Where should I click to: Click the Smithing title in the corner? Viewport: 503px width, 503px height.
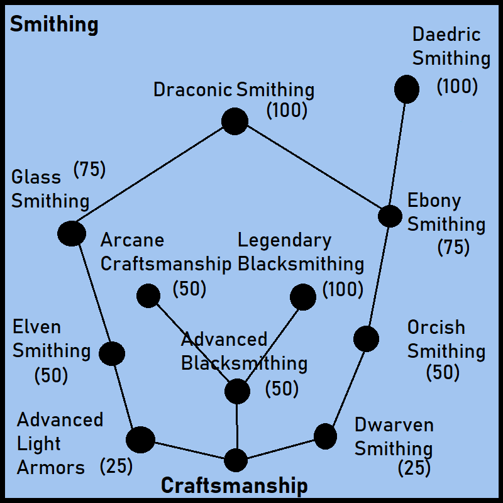pyautogui.click(x=54, y=25)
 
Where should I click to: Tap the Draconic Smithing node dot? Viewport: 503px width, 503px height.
pyautogui.click(x=235, y=121)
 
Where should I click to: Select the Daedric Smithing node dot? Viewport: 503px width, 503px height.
pyautogui.click(x=407, y=89)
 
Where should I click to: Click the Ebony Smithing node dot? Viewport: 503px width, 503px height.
pyautogui.click(x=390, y=216)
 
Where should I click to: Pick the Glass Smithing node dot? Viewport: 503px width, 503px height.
pyautogui.click(x=72, y=233)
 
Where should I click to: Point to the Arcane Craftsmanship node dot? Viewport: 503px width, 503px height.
pyautogui.click(x=148, y=296)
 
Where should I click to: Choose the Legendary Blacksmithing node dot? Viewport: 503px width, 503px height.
pyautogui.click(x=303, y=297)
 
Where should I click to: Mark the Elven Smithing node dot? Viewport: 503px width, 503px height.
pyautogui.click(x=112, y=353)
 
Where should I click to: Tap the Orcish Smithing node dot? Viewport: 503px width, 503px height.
pyautogui.click(x=366, y=339)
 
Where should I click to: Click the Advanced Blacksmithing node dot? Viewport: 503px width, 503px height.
pyautogui.click(x=237, y=391)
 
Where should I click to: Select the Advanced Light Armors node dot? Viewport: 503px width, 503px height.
pyautogui.click(x=140, y=439)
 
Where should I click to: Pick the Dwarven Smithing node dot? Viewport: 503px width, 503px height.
pyautogui.click(x=325, y=436)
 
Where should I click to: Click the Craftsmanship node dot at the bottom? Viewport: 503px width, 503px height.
pyautogui.click(x=236, y=460)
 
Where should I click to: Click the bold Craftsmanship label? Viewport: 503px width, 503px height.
pyautogui.click(x=235, y=485)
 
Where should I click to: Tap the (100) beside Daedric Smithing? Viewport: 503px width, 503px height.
pyautogui.click(x=457, y=86)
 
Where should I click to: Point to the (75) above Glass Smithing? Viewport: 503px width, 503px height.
pyautogui.click(x=89, y=170)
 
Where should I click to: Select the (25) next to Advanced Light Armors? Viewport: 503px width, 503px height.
pyautogui.click(x=116, y=467)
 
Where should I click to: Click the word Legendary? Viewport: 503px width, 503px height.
pyautogui.click(x=284, y=240)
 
